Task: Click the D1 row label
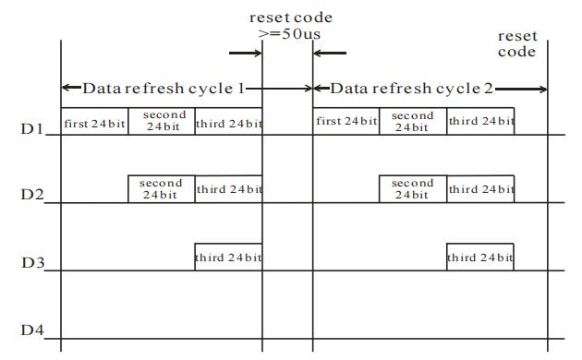tap(32, 128)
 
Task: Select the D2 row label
tap(32, 194)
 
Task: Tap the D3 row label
tap(33, 262)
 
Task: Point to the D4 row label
tap(32, 330)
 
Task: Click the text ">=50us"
tap(289, 34)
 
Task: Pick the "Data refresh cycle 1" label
tap(164, 89)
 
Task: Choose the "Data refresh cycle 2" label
tap(412, 89)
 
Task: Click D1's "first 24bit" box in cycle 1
tap(94, 121)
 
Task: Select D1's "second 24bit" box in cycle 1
tap(162, 121)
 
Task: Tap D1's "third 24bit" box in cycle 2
tap(480, 121)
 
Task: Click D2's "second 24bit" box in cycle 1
tap(162, 189)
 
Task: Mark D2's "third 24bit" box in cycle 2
tap(480, 189)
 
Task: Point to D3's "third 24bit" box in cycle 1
tap(229, 257)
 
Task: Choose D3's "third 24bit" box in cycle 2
tap(480, 257)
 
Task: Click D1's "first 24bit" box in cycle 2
tap(346, 121)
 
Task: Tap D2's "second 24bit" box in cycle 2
tap(413, 189)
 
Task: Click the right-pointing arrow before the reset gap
tap(246, 53)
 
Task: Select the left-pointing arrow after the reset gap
tap(330, 53)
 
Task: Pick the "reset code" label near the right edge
tap(517, 43)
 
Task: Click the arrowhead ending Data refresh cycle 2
tap(543, 89)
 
